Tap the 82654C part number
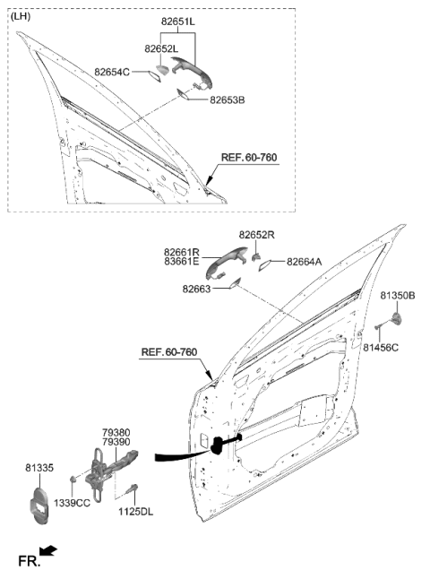tap(112, 71)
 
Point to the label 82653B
tap(228, 100)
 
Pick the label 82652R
tap(256, 234)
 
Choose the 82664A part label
tap(305, 262)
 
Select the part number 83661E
tap(183, 263)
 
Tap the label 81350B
tap(398, 294)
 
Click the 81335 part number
tap(39, 467)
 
